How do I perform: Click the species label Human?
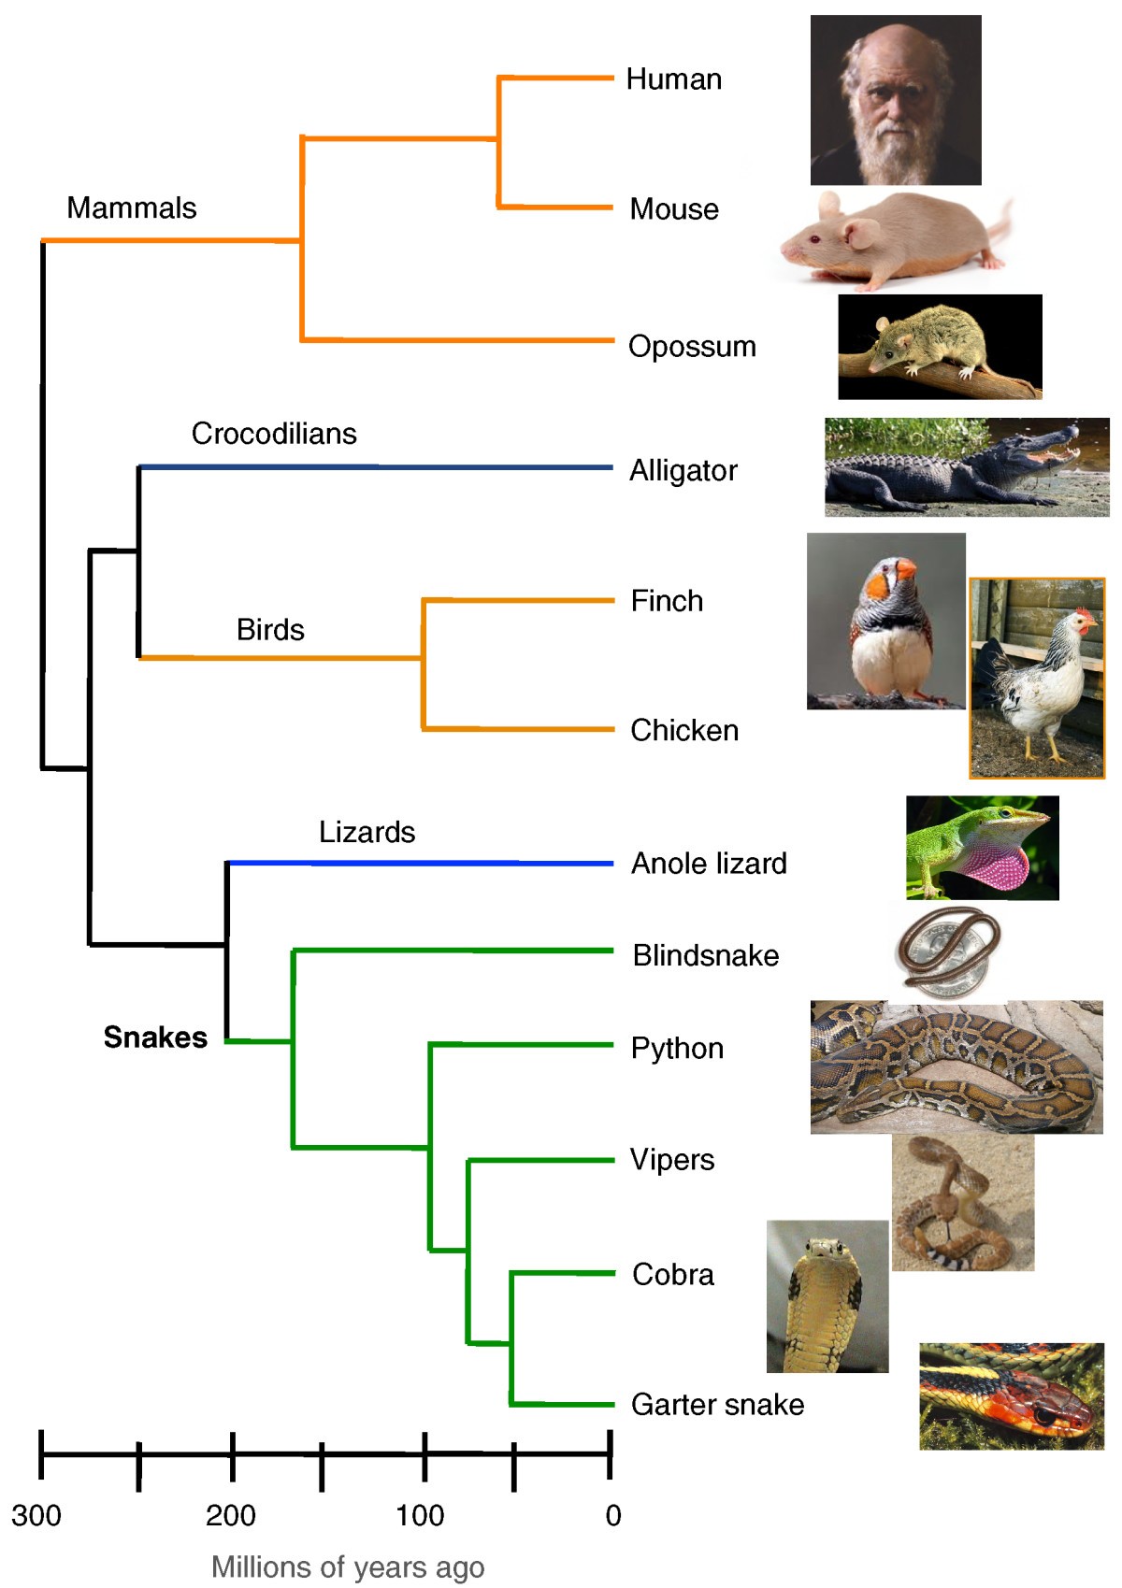(x=673, y=79)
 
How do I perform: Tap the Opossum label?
(x=692, y=347)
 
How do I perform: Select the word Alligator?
(x=683, y=470)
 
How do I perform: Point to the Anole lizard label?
(x=709, y=864)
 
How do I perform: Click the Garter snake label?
(x=717, y=1405)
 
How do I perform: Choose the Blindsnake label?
(x=705, y=956)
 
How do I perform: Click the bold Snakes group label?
(x=155, y=1037)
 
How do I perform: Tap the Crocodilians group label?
(x=274, y=434)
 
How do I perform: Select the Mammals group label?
(x=132, y=207)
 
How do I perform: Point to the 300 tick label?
(x=36, y=1515)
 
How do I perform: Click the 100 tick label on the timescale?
(x=420, y=1515)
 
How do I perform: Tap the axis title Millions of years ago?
(x=348, y=1567)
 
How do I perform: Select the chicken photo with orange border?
(x=1037, y=679)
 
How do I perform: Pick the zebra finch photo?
(x=885, y=622)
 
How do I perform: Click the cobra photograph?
(x=827, y=1296)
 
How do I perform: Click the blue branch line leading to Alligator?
(x=374, y=466)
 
